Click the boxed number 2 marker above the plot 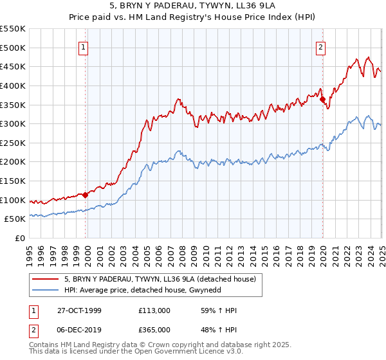(x=320, y=46)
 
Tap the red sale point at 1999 (x=86, y=195)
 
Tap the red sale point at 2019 (x=322, y=99)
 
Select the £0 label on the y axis (x=20, y=239)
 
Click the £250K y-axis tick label (x=13, y=143)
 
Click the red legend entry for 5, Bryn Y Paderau (x=160, y=279)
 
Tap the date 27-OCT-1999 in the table (x=79, y=310)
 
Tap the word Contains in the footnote (x=44, y=345)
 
